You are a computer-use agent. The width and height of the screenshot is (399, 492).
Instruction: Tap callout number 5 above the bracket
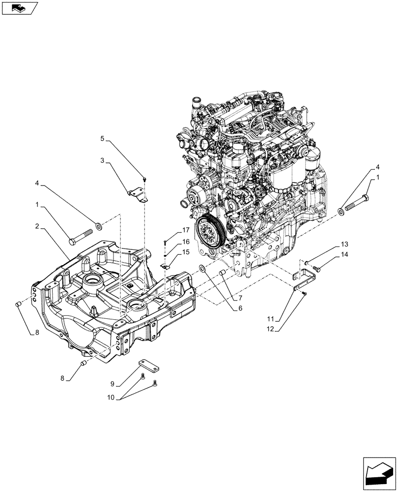[x=102, y=139]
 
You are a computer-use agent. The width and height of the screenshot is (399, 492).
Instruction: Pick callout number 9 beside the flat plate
[x=113, y=383]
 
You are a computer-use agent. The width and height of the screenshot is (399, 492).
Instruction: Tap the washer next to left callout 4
[x=99, y=226]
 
